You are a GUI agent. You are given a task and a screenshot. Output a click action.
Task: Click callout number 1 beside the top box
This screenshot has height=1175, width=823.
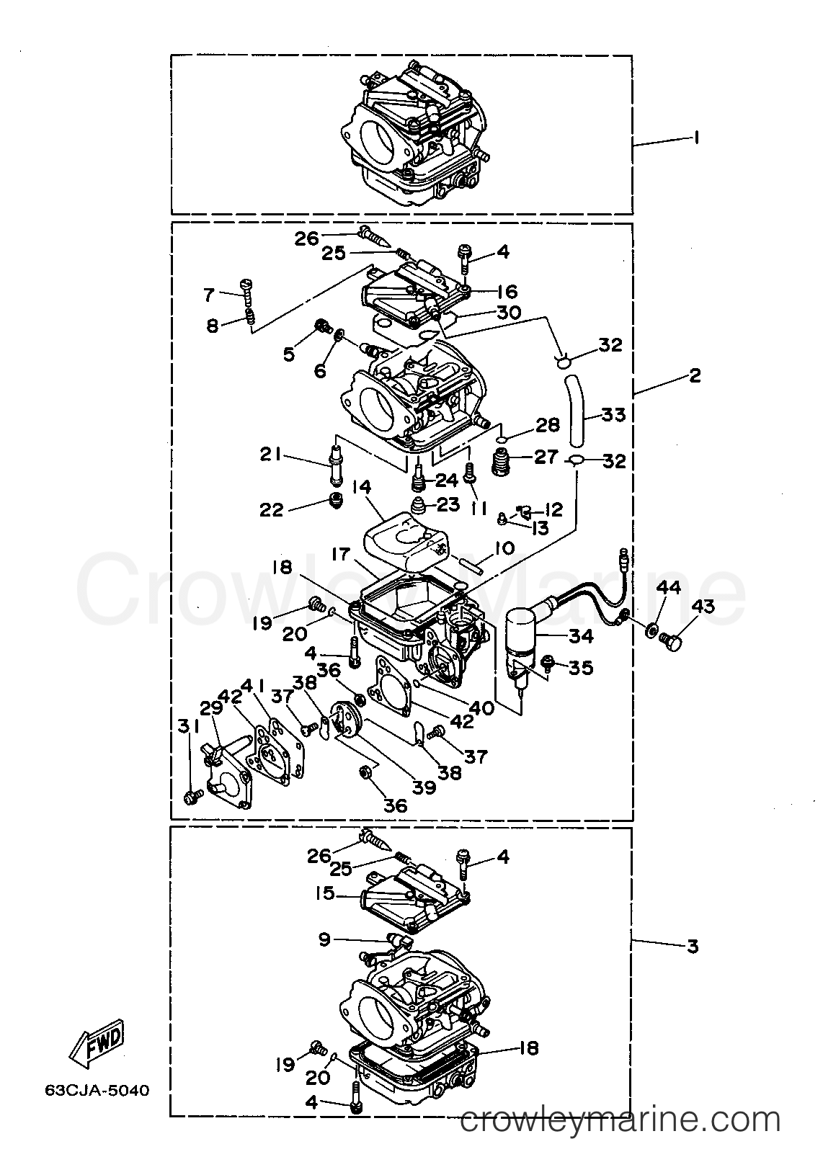[695, 137]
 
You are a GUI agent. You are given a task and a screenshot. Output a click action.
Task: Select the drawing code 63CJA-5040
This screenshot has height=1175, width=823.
[97, 1090]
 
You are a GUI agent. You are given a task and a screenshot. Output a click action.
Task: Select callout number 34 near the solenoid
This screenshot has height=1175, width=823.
[581, 635]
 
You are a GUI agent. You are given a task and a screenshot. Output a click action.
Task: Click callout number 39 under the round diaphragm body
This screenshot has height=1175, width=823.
[424, 787]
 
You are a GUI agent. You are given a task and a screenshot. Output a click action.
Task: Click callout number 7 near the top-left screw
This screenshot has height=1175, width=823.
[209, 294]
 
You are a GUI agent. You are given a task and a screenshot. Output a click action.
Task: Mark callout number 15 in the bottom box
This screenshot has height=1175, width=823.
[326, 893]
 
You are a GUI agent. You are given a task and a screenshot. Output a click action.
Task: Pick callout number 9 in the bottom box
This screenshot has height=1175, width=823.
[324, 939]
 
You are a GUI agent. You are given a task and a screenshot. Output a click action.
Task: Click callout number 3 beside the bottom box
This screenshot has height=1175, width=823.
[693, 945]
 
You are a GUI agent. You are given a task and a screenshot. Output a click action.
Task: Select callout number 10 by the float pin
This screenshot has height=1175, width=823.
[504, 549]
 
